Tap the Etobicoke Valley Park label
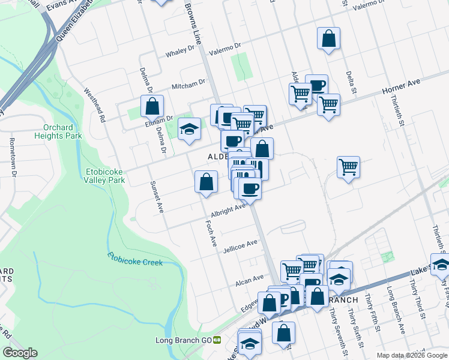click(104, 175)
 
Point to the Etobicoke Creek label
click(136, 259)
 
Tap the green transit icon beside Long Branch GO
click(217, 340)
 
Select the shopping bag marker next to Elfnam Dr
click(152, 106)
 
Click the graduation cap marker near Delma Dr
click(189, 129)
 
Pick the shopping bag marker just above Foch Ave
click(206, 182)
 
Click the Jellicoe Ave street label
click(240, 246)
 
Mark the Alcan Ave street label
click(250, 280)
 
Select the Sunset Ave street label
click(156, 197)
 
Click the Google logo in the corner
click(20, 353)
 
